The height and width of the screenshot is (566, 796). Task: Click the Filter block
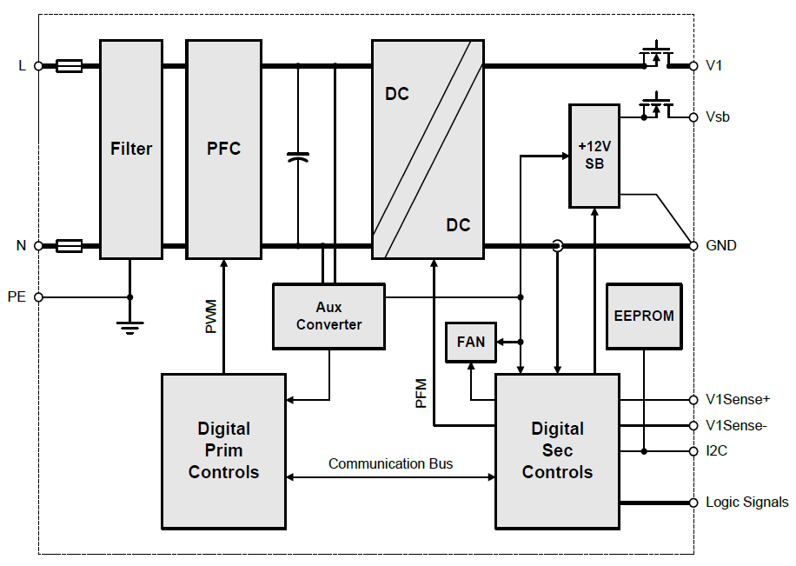click(x=130, y=149)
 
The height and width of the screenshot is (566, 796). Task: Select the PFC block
click(x=223, y=149)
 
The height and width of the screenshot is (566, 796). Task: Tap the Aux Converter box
click(x=328, y=316)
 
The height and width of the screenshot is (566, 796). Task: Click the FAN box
click(x=470, y=342)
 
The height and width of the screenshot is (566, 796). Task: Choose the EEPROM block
click(x=643, y=316)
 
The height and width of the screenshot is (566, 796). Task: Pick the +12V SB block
click(x=594, y=156)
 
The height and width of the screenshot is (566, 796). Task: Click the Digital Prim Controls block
click(x=223, y=450)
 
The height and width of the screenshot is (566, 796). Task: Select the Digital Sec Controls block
click(x=557, y=450)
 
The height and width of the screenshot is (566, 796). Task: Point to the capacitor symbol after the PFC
click(x=298, y=157)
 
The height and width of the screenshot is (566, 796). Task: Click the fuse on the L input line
click(x=69, y=65)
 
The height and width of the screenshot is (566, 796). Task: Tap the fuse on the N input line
click(x=69, y=246)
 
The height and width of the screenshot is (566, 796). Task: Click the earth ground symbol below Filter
click(x=130, y=327)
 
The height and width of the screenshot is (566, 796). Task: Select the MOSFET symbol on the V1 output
click(x=657, y=55)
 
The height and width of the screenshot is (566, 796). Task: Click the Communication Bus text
click(x=390, y=463)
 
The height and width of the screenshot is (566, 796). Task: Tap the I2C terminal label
click(x=718, y=451)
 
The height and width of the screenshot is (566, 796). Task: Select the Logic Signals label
click(x=746, y=502)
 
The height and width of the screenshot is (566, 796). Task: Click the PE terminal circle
click(x=38, y=296)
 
